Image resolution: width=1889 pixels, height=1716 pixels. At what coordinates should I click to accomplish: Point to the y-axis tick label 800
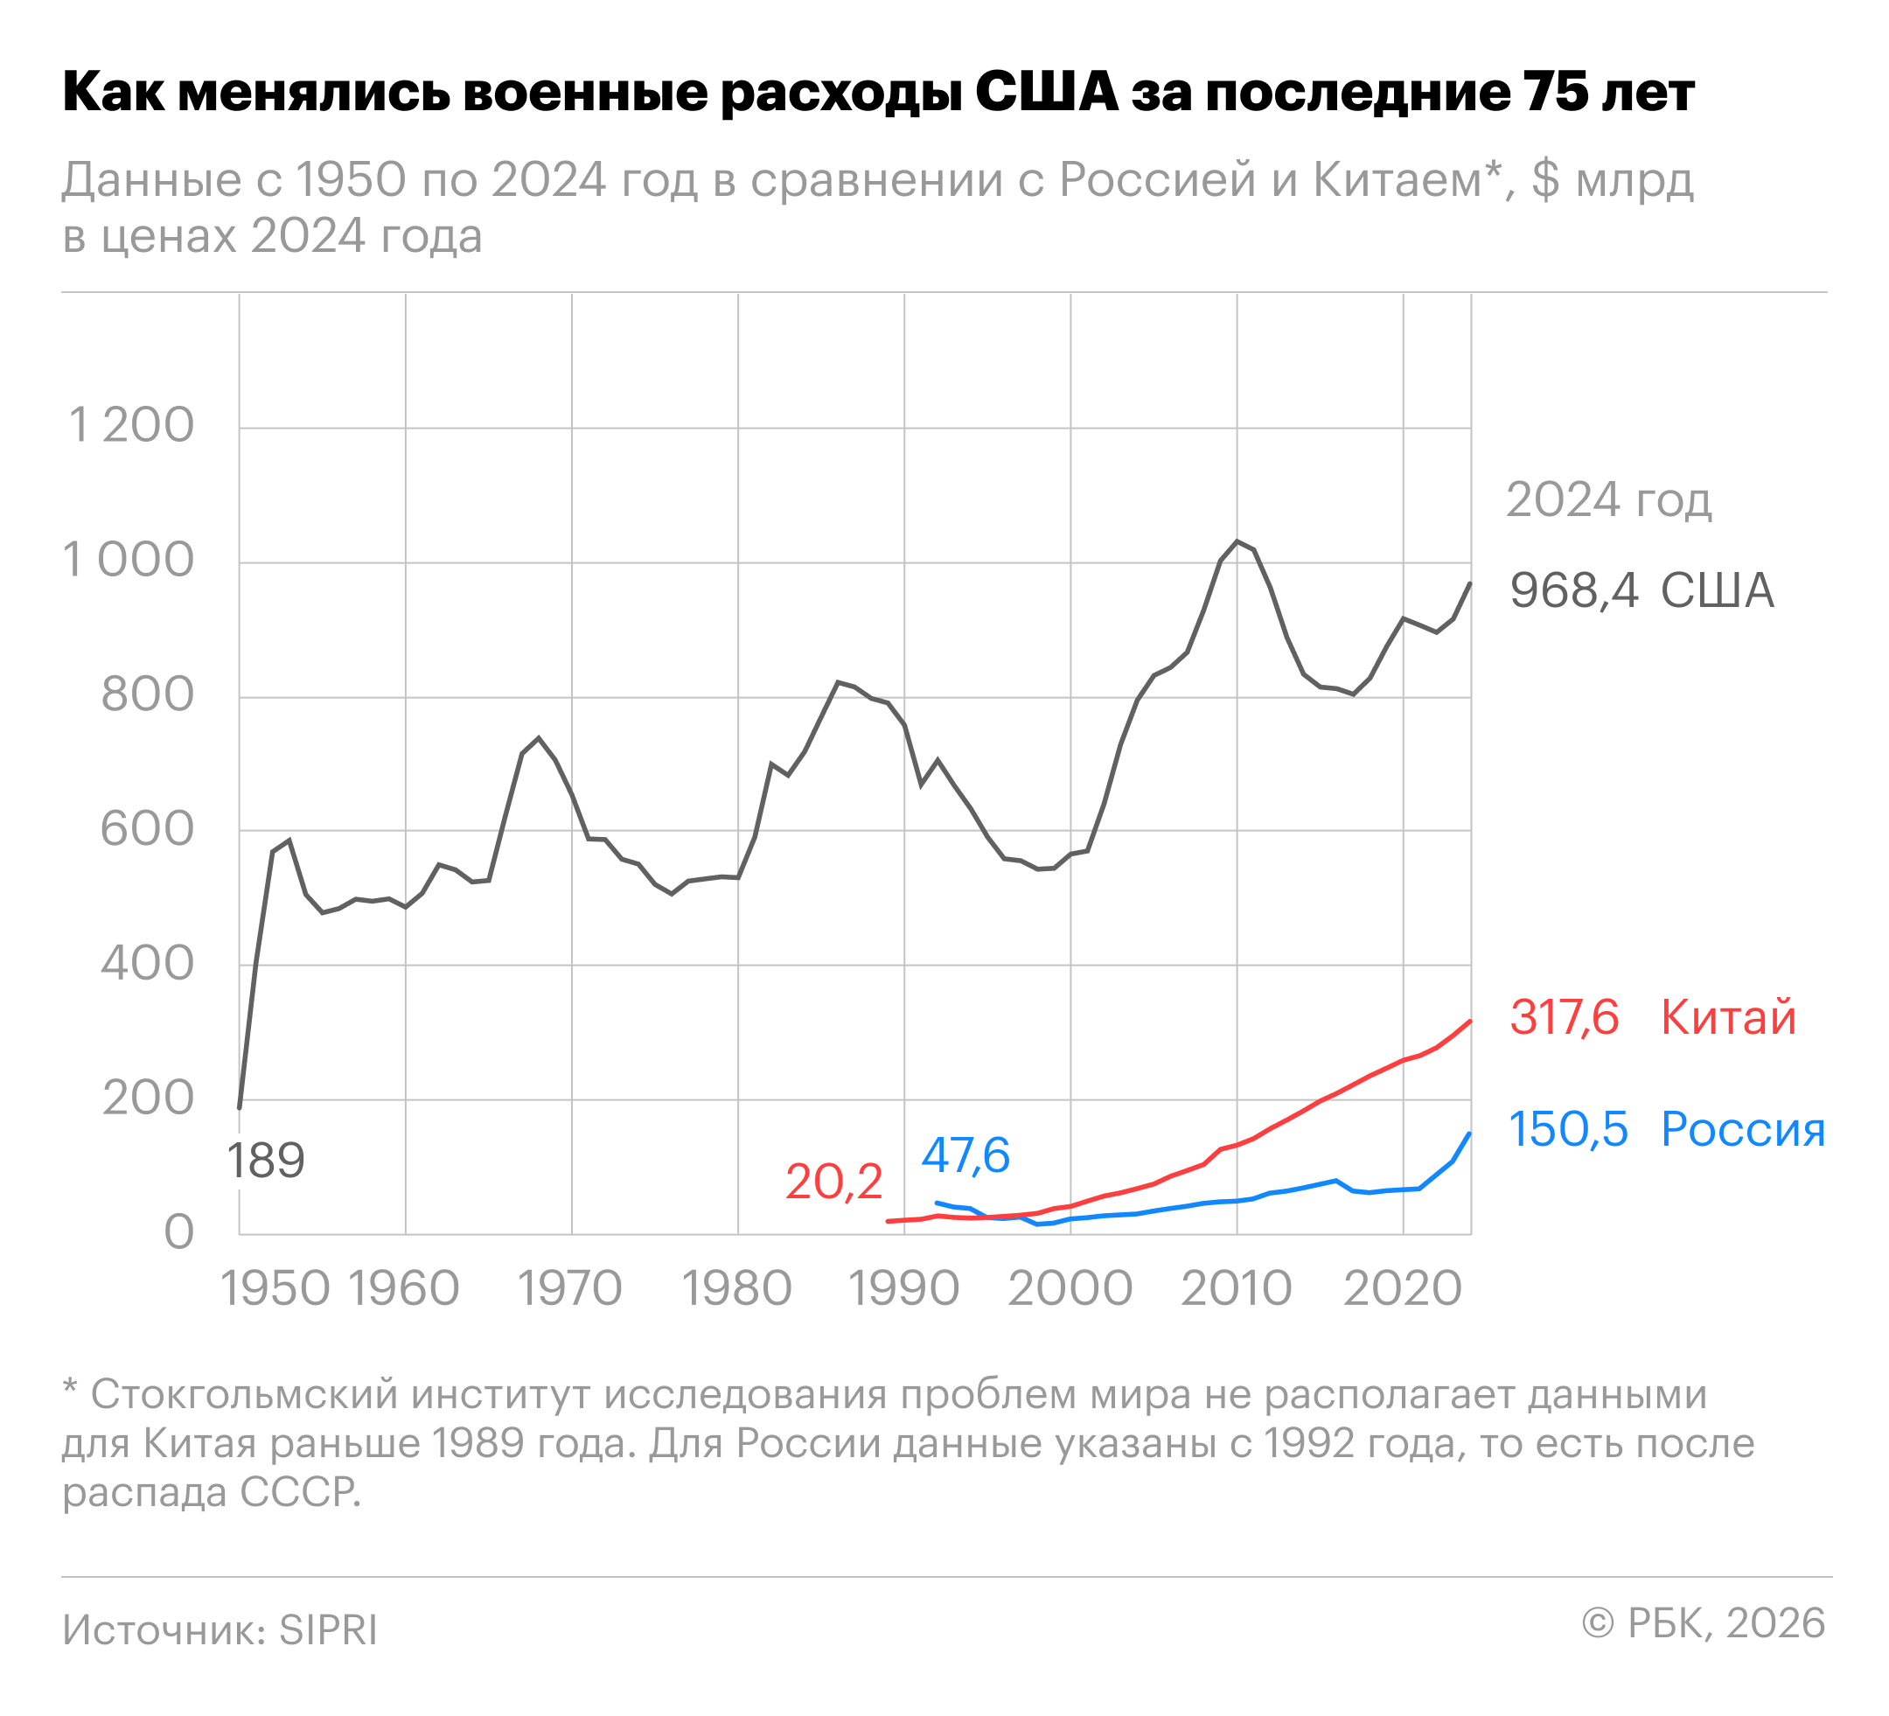[147, 694]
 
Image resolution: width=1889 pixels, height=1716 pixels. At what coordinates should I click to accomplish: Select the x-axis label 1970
[569, 1288]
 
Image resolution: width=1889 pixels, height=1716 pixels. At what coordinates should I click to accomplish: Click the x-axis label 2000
[1070, 1288]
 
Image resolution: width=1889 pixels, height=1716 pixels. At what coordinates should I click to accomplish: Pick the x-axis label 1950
[275, 1288]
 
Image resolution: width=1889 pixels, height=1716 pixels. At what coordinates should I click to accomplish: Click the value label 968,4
[1574, 591]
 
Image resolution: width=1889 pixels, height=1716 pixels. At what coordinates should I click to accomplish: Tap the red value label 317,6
[1564, 1018]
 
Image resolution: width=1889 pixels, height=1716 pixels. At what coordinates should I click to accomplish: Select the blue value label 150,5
[1567, 1129]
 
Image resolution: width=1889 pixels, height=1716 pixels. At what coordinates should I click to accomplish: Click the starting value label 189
[266, 1161]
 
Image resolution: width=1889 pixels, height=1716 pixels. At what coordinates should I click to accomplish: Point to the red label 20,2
[833, 1182]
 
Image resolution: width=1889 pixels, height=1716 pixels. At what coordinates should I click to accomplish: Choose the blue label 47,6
[965, 1155]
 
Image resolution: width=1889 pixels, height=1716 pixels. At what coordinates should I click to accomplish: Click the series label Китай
[1728, 1018]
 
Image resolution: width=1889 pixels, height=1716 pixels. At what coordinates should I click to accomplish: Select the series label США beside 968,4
[1718, 591]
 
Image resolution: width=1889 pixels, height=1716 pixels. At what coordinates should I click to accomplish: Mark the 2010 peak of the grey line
[1237, 541]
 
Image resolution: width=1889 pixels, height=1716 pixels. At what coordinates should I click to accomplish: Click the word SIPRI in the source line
[328, 1630]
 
